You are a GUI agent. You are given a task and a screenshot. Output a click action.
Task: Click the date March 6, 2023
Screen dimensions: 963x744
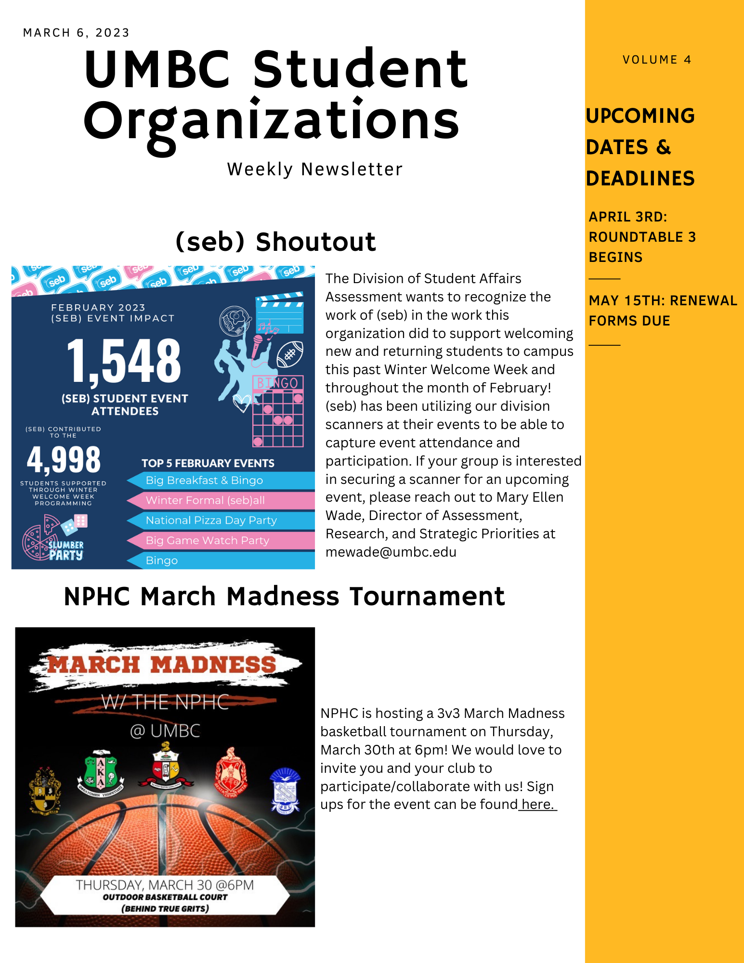(x=76, y=33)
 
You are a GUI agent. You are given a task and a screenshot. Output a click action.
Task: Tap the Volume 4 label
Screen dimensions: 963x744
(x=656, y=60)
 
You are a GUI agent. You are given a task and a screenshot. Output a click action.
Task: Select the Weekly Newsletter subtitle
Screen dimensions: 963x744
(x=314, y=169)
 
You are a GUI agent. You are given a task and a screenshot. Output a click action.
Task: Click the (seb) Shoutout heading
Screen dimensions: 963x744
(x=275, y=242)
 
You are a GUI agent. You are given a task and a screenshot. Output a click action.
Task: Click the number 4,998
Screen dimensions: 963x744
(x=64, y=460)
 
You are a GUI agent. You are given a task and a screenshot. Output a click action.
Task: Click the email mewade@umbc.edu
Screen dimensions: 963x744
(x=391, y=552)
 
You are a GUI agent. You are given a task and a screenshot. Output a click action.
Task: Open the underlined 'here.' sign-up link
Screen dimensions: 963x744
(x=538, y=805)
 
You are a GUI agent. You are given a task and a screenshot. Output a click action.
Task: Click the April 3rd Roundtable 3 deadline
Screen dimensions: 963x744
(x=642, y=237)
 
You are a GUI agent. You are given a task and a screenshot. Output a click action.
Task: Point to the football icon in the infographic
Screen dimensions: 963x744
(x=290, y=354)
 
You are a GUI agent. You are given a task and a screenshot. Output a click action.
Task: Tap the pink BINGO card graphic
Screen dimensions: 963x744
(x=278, y=411)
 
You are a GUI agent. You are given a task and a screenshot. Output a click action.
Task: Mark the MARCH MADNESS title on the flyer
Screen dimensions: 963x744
(x=162, y=665)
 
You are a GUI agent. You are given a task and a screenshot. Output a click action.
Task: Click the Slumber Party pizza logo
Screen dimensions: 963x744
(x=53, y=539)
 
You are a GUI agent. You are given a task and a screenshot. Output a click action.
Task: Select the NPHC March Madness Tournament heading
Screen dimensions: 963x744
(x=284, y=597)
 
